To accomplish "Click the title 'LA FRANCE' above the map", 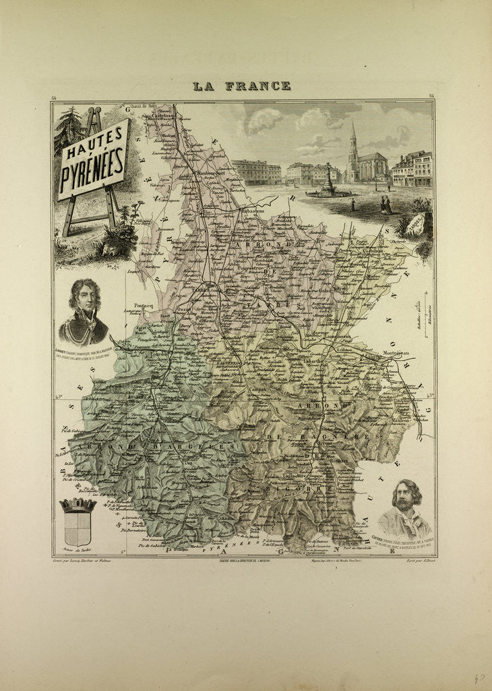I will pyautogui.click(x=241, y=86).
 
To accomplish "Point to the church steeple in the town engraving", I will pyautogui.click(x=352, y=138).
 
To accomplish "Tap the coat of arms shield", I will pyautogui.click(x=78, y=522).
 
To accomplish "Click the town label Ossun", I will pyautogui.click(x=183, y=309).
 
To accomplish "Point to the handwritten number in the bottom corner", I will pyautogui.click(x=479, y=679).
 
